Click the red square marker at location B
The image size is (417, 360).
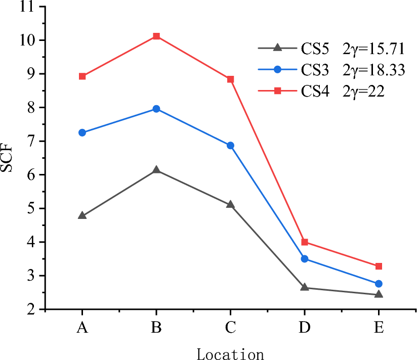[x=156, y=36]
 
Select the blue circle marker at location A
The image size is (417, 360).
[x=82, y=132]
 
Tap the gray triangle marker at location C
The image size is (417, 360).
[x=230, y=205]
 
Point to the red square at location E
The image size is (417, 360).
[x=379, y=266]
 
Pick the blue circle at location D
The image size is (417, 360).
[x=305, y=259]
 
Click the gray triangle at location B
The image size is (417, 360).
[x=156, y=170]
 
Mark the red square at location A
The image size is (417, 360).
[x=82, y=76]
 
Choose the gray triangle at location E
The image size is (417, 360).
[x=379, y=294]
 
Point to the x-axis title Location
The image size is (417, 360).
[x=230, y=353]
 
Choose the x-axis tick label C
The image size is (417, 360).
[x=230, y=328]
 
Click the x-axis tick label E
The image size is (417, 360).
[x=379, y=328]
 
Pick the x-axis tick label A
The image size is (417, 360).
[x=82, y=328]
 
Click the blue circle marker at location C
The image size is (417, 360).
[x=230, y=146]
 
